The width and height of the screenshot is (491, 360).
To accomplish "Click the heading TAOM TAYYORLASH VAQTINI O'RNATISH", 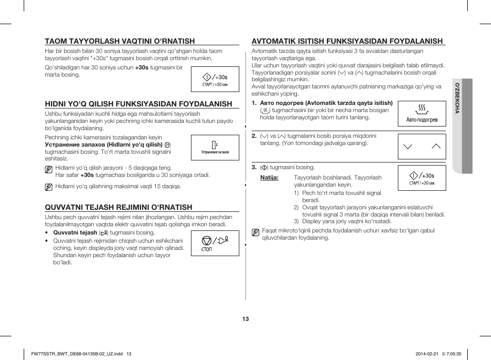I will (x=120, y=41).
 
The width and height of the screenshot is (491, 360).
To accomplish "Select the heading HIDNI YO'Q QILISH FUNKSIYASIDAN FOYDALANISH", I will (x=138, y=104).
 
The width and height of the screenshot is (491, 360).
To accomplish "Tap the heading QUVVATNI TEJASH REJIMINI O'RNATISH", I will (x=118, y=207).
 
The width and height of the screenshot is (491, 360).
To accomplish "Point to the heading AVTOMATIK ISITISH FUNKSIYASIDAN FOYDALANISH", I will (x=347, y=41).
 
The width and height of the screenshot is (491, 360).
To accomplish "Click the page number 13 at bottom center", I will (x=246, y=319).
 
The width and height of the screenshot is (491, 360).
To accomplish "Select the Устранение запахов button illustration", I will (x=215, y=148).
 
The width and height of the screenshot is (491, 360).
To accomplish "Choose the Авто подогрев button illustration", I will (x=422, y=114).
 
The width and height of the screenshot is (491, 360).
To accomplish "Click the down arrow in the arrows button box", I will (x=408, y=147).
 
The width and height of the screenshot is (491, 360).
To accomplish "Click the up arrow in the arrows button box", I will (x=436, y=147).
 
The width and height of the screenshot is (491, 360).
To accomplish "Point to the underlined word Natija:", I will (x=269, y=177).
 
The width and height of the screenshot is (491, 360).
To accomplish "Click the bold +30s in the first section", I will (x=142, y=67).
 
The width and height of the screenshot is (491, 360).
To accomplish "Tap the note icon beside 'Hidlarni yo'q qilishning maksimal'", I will (x=48, y=187).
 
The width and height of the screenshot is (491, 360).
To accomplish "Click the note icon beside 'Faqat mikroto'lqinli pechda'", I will (x=255, y=232).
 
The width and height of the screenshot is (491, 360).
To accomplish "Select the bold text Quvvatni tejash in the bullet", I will (x=75, y=232).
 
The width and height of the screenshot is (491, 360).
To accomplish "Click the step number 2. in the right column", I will (x=254, y=136).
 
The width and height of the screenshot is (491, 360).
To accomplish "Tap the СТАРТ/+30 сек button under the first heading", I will (x=215, y=79).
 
